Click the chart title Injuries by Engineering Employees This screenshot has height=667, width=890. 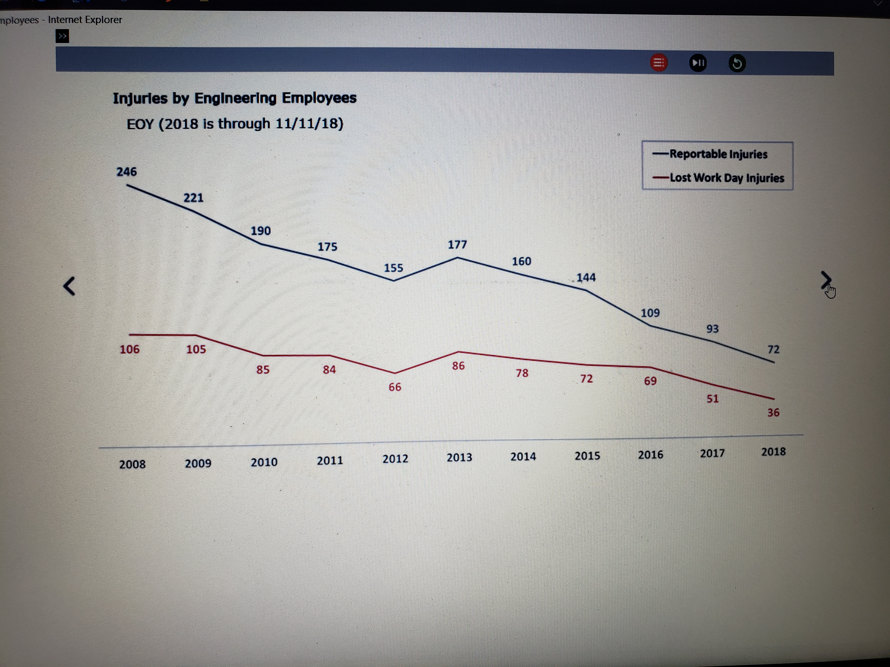235,98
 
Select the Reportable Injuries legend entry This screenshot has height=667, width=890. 718,154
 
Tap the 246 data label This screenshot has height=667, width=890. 127,172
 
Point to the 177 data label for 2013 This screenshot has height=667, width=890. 458,244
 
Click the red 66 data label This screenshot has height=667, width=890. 395,387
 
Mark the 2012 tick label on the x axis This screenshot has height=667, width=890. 395,459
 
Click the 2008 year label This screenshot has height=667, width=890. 132,464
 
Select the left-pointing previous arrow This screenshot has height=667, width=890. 69,286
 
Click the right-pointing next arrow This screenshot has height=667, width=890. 826,280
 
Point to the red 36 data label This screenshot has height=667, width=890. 773,412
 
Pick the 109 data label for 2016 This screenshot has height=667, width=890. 650,313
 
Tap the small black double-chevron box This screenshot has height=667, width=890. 62,36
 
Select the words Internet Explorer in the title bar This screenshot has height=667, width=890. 85,20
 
